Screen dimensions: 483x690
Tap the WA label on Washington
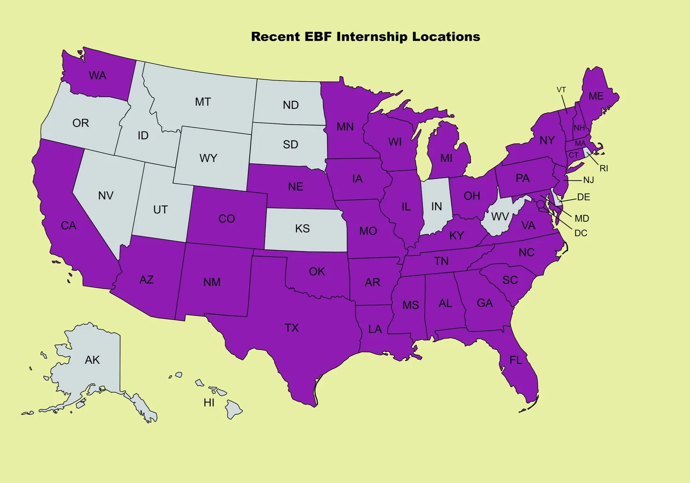[x=98, y=75]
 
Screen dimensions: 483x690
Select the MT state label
[x=203, y=102]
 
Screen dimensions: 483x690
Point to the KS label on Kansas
[x=302, y=229]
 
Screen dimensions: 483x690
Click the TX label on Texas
[x=292, y=328]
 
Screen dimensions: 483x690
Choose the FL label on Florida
[x=516, y=360]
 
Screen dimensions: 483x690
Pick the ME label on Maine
[x=596, y=96]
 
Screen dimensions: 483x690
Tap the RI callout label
[x=604, y=168]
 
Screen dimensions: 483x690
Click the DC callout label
[x=581, y=233]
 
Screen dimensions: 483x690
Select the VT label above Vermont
[x=561, y=90]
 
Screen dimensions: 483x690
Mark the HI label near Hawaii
[x=209, y=403]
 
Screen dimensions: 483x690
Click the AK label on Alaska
[x=92, y=360]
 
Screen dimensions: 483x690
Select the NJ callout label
[x=589, y=180]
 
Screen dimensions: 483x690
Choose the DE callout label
[x=584, y=197]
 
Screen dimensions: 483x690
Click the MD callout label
[x=582, y=218]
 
